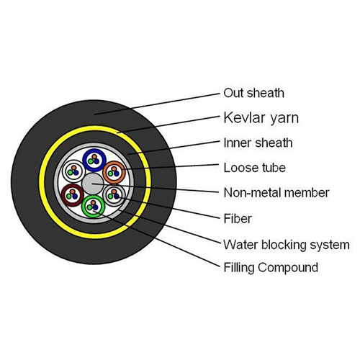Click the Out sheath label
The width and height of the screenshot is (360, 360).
pyautogui.click(x=253, y=93)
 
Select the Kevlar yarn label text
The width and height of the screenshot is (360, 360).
pyautogui.click(x=261, y=118)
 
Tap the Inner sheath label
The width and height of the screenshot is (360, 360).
pyautogui.click(x=258, y=143)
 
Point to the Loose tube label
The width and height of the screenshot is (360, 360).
pyautogui.click(x=255, y=168)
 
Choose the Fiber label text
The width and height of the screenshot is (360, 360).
pyautogui.click(x=238, y=219)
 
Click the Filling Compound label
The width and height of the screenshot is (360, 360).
pyautogui.click(x=271, y=267)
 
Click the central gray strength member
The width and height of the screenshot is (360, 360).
pyautogui.click(x=93, y=184)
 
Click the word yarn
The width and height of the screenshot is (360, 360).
pyautogui.click(x=284, y=120)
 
